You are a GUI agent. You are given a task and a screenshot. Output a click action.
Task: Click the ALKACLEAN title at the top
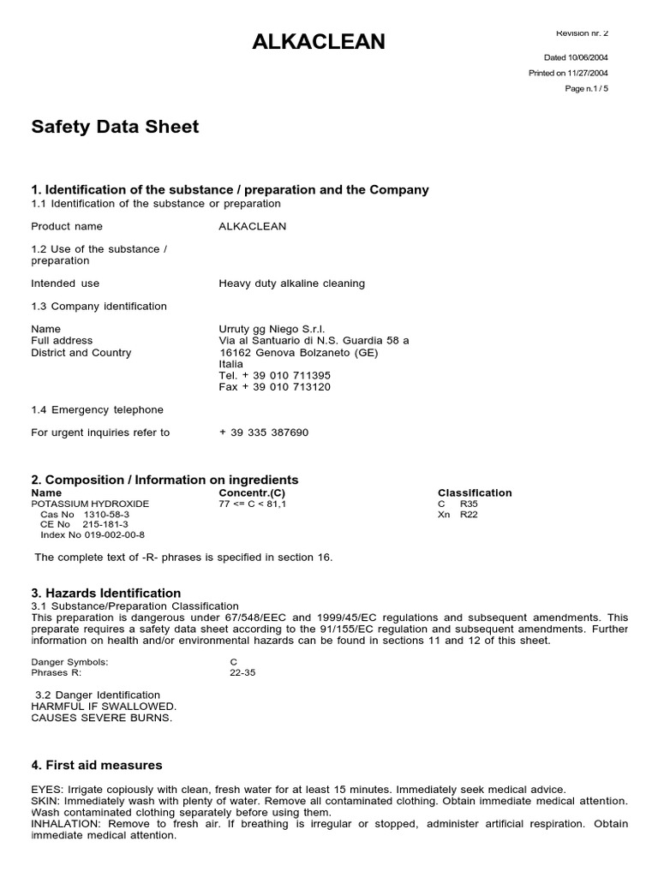coord(319,41)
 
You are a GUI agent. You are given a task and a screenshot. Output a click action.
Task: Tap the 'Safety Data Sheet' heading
coord(115,127)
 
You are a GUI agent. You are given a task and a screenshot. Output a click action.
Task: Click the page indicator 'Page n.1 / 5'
coord(587,88)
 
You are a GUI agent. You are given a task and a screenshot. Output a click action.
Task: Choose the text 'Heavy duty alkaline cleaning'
coord(292,283)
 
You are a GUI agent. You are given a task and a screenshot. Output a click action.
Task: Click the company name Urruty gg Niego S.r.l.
coord(272,329)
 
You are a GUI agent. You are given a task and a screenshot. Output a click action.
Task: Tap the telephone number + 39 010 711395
coord(275,375)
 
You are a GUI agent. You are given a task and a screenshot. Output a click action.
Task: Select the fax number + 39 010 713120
coord(275,387)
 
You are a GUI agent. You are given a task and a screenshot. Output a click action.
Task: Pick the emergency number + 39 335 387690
coord(264,433)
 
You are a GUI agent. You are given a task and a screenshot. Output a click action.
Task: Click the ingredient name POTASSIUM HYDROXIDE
coord(90,504)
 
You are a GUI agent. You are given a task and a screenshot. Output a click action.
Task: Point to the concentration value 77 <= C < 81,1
coord(253,504)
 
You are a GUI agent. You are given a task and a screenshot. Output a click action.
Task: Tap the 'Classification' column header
coord(475,493)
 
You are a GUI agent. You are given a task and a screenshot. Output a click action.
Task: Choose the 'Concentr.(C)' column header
coord(252,493)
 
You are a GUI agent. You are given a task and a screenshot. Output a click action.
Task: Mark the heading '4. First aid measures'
coord(97,766)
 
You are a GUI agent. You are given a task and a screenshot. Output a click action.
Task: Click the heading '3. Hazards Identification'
coord(106,594)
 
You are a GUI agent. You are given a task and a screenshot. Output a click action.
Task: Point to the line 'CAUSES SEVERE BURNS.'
coord(102,718)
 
